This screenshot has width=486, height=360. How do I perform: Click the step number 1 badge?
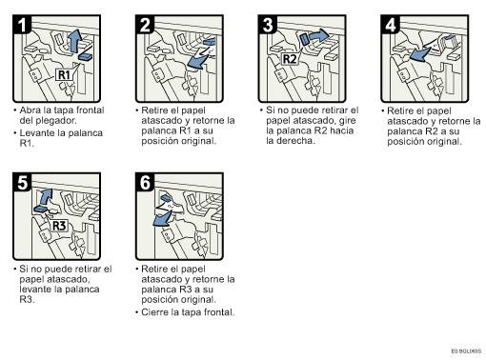click(22, 25)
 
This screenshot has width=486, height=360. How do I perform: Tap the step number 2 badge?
click(145, 25)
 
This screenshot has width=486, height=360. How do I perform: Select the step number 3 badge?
click(268, 25)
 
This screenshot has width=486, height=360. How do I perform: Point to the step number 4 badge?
click(391, 25)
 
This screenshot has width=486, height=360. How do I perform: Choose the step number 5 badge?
click(22, 183)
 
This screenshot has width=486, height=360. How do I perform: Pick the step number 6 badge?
click(145, 183)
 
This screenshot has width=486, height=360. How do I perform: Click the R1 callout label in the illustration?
click(64, 75)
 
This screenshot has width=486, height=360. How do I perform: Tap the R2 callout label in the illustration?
click(290, 59)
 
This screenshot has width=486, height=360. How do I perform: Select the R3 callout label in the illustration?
click(59, 226)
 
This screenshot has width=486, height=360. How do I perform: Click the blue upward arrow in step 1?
click(74, 41)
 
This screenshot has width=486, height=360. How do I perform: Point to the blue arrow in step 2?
click(198, 61)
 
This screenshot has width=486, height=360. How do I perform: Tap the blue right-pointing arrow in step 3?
click(319, 35)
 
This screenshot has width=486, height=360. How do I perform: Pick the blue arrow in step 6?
click(163, 219)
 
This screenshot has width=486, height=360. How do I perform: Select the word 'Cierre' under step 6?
click(154, 312)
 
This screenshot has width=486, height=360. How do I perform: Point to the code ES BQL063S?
click(466, 351)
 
